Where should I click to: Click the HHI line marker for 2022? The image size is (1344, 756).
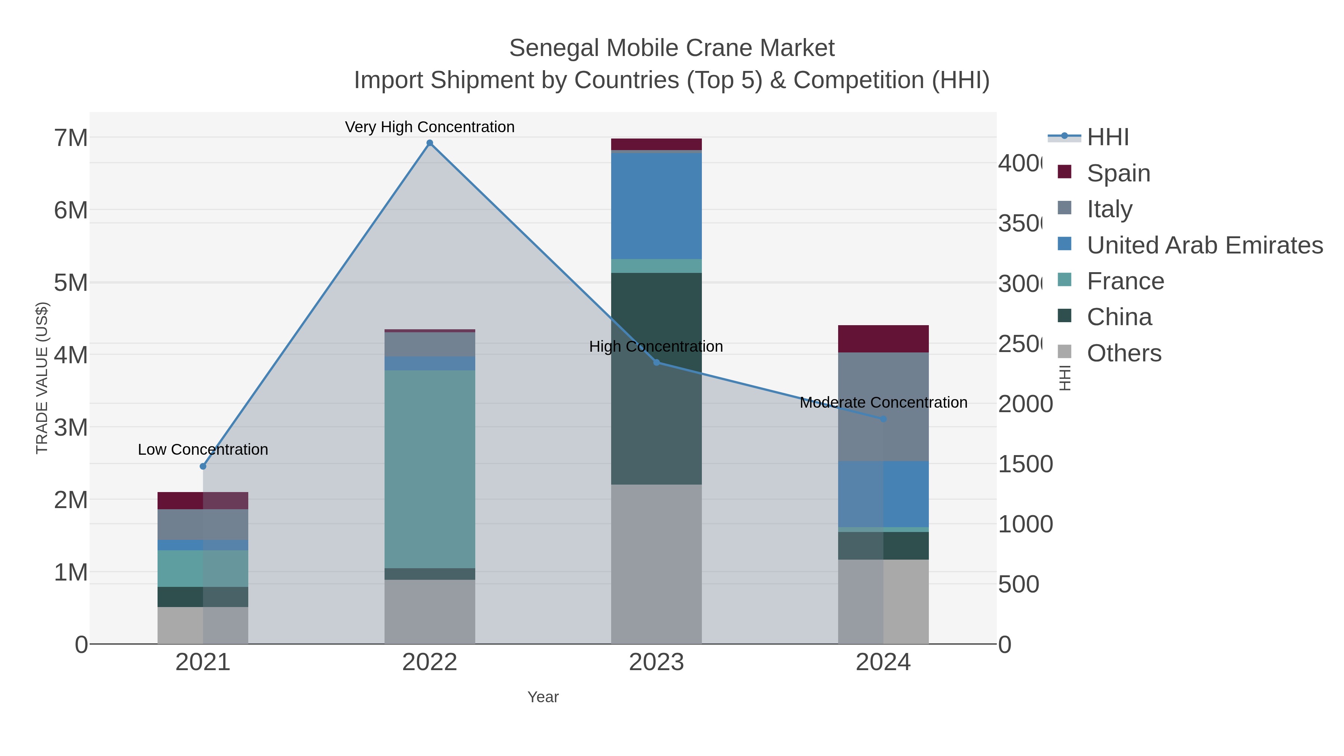click(429, 143)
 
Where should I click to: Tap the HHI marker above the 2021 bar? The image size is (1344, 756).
click(203, 466)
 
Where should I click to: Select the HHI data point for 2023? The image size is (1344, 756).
click(656, 363)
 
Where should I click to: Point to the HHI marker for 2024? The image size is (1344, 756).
click(883, 419)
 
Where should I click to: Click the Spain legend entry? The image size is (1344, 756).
click(1118, 173)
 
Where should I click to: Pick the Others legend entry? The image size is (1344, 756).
click(1123, 353)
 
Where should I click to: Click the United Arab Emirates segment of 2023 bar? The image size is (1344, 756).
click(656, 206)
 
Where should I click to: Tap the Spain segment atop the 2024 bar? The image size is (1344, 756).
click(883, 339)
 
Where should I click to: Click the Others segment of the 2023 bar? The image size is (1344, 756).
click(656, 563)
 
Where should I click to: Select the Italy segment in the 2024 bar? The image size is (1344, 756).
click(883, 407)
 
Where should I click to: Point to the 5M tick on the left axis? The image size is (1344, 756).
click(71, 283)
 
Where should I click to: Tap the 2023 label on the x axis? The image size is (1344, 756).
click(656, 662)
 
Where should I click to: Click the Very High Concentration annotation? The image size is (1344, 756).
click(429, 127)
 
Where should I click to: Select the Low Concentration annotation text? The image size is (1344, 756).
click(203, 449)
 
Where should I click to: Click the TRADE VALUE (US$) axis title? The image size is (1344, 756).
click(42, 378)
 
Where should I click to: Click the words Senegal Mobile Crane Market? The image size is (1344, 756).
click(672, 48)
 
